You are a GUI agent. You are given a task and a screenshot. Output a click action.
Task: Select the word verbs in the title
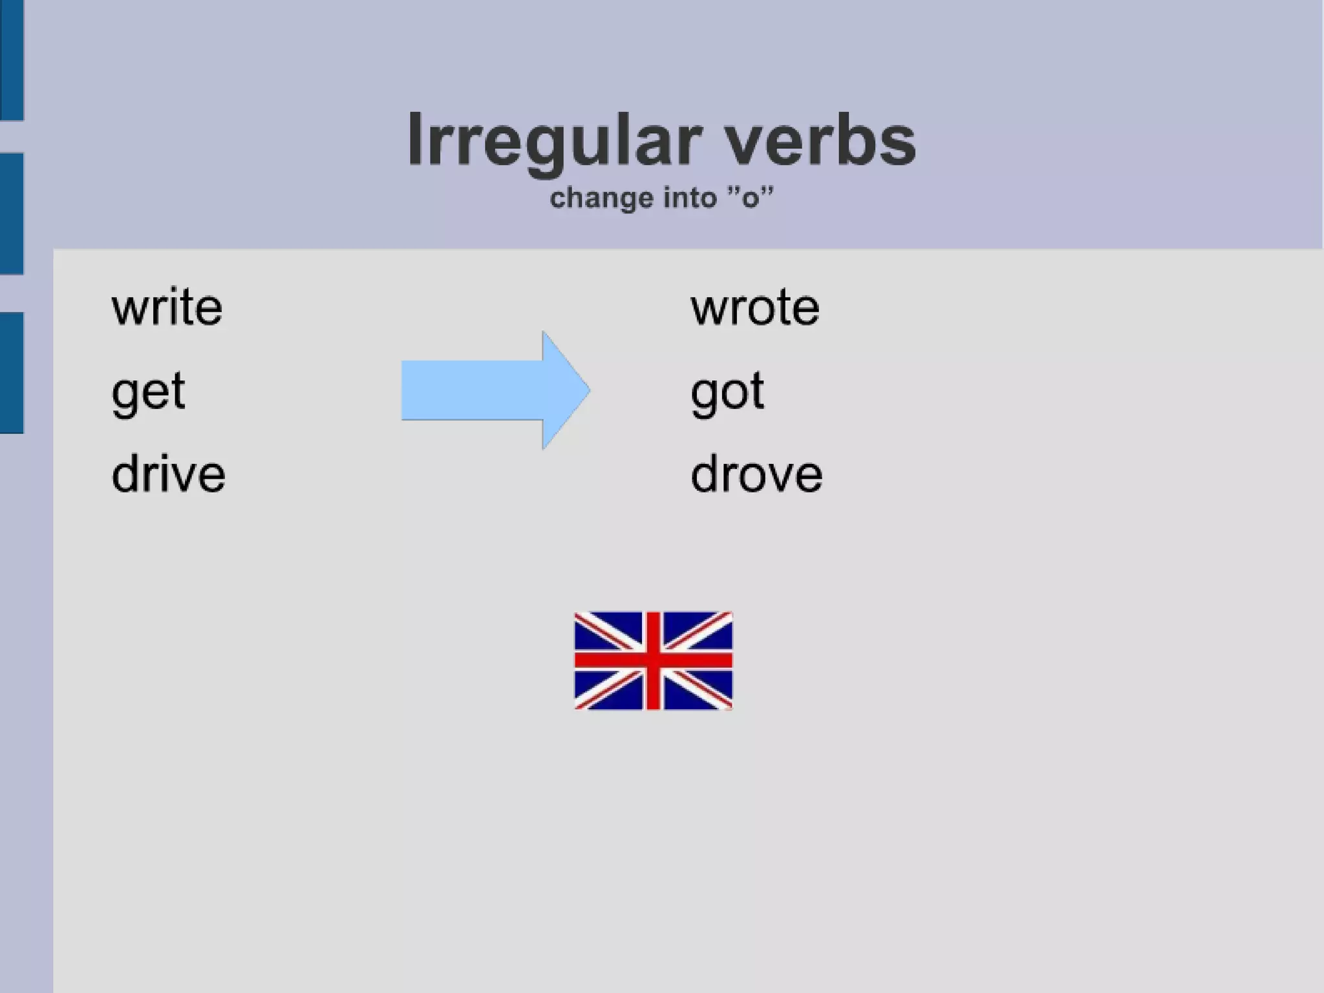coord(819,141)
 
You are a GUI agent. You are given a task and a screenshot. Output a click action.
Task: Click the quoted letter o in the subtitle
coord(750,198)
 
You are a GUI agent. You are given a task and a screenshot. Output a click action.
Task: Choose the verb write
coord(167,307)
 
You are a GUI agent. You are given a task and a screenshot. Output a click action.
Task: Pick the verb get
coord(148,392)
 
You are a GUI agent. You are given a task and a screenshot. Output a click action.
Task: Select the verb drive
coord(168,474)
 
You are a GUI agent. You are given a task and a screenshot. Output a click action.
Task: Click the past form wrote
coord(754,307)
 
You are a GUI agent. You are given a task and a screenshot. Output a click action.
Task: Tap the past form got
coord(727,392)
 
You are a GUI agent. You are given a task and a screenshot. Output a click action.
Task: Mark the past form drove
coord(756,474)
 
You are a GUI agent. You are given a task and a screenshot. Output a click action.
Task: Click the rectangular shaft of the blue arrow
coord(472,390)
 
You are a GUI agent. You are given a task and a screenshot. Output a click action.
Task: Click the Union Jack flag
coord(653,660)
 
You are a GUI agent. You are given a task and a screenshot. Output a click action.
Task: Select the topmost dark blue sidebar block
coord(12,60)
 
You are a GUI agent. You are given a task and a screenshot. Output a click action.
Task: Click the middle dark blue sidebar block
coord(12,213)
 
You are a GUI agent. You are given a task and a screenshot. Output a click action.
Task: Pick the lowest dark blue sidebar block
coord(12,373)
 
